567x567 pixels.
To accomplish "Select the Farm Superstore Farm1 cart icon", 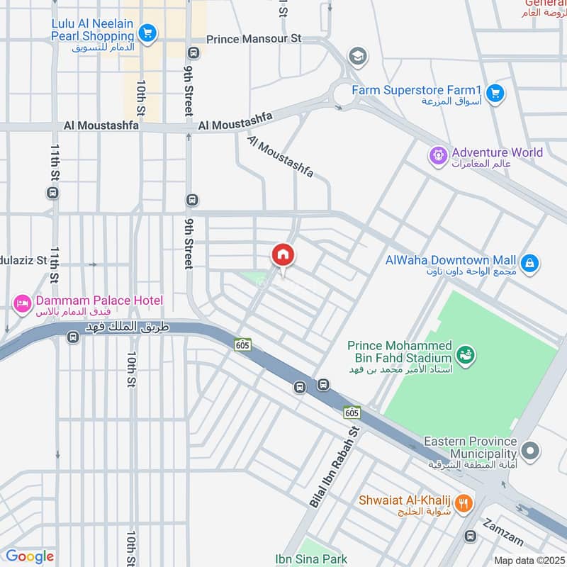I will [495, 91].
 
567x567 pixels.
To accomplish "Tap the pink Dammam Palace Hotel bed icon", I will [22, 303].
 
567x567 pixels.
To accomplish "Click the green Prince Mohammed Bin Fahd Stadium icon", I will [465, 353].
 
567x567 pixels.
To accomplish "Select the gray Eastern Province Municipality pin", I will [529, 450].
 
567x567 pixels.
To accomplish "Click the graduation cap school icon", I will [357, 55].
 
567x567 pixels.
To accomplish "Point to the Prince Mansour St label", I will [248, 39].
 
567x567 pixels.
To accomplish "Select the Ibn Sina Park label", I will [312, 559].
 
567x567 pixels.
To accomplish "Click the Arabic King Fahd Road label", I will [115, 327].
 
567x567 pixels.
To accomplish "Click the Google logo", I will [29, 556].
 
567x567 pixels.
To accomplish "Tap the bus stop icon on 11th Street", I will [52, 192].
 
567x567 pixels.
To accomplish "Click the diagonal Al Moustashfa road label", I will [279, 157].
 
